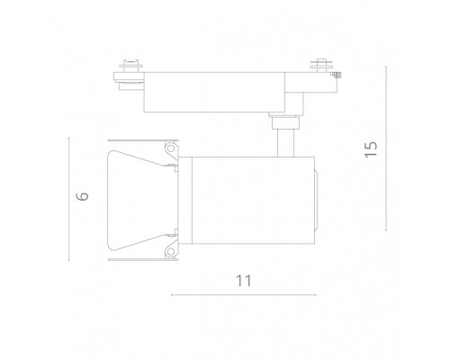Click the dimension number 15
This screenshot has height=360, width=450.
tap(371, 149)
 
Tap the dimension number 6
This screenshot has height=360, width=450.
tap(82, 196)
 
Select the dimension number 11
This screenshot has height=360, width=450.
tap(243, 281)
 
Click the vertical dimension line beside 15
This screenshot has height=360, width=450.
tap(386, 148)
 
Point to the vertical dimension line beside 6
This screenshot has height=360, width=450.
tap(69, 199)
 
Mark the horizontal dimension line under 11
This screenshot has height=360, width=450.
tap(243, 295)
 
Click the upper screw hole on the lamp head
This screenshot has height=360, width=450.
tap(171, 148)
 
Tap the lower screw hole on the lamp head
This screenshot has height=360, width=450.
tap(171, 251)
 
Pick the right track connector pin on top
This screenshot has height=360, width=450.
tap(321, 65)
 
